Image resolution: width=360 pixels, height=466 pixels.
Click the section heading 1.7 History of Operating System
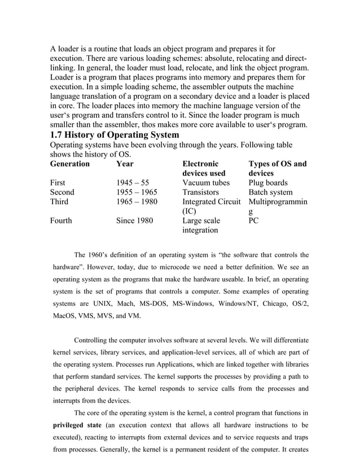(x=115, y=135)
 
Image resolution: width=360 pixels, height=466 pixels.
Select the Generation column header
(x=70, y=164)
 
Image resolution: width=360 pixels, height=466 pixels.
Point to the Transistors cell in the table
(x=203, y=192)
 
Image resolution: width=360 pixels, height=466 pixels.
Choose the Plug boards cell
(x=268, y=183)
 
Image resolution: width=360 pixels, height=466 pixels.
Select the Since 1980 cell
(x=134, y=221)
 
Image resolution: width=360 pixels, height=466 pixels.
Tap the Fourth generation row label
(x=61, y=221)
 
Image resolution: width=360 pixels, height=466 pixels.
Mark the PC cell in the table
(x=254, y=221)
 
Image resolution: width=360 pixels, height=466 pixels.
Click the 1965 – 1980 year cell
(x=137, y=202)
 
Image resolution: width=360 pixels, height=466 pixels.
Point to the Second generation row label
(x=63, y=192)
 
